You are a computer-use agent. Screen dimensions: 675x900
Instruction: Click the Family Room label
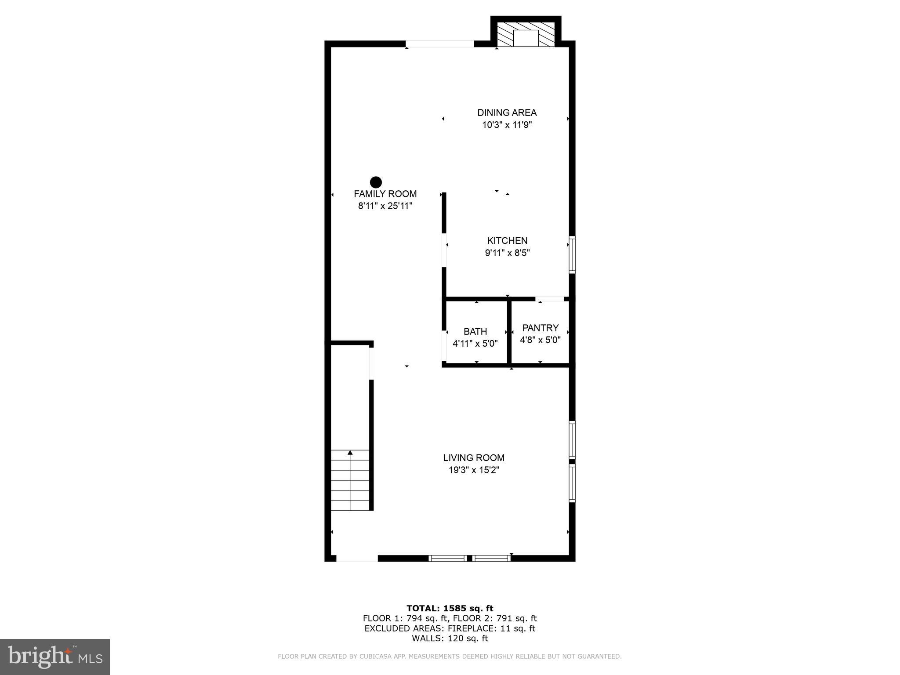tap(385, 194)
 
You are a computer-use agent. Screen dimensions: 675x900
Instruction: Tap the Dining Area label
tap(507, 112)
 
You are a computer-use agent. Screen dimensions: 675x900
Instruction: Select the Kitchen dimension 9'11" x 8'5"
tap(507, 253)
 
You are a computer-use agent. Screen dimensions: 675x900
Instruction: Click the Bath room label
tap(475, 331)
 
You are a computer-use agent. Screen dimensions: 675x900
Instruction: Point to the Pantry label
tap(540, 328)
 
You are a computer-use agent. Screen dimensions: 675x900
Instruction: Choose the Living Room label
tap(473, 458)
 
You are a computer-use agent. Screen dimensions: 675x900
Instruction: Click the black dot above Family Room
tap(376, 182)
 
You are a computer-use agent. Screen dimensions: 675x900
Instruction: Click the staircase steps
tap(350, 483)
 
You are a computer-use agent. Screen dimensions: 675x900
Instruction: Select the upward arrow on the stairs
tap(350, 453)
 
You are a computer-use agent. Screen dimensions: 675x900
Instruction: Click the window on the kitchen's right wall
tap(572, 255)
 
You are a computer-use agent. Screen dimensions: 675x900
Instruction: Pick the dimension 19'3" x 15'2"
tap(473, 470)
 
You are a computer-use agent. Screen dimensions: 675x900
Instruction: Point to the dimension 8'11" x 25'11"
tap(385, 206)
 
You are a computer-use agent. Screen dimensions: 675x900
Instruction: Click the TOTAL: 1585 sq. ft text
tap(450, 609)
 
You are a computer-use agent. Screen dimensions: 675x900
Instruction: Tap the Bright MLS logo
tap(55, 657)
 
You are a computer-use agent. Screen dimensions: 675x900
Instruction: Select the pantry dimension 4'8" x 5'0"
tap(540, 340)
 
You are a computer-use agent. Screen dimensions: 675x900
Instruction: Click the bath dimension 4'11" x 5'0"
tap(475, 344)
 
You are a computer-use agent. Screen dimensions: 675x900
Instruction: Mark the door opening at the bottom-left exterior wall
tap(357, 559)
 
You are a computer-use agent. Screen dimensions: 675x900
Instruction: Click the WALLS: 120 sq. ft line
tap(450, 639)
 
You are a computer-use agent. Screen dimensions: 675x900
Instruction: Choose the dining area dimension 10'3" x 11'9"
tap(507, 125)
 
